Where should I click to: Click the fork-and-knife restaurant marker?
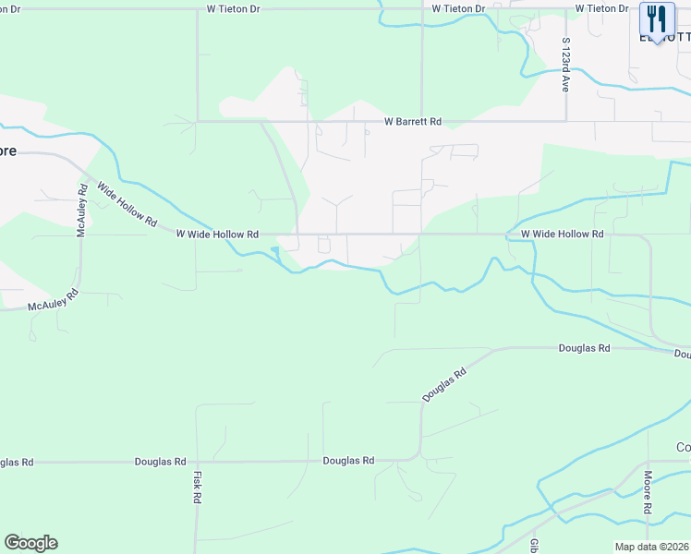point(657,18)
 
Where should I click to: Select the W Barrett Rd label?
point(413,122)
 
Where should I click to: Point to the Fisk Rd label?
point(197,487)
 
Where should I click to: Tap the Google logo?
point(30,543)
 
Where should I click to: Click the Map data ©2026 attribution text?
point(651,547)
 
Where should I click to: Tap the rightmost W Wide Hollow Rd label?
point(562,235)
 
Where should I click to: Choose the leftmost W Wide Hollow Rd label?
point(217,235)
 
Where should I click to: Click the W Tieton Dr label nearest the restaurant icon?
point(601,8)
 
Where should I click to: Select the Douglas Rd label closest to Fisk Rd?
point(160,461)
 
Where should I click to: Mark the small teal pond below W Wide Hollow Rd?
point(275,250)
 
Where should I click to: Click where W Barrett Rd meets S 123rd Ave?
point(566,120)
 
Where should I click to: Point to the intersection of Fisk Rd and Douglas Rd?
point(196,461)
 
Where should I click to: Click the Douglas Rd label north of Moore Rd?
point(584,348)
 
